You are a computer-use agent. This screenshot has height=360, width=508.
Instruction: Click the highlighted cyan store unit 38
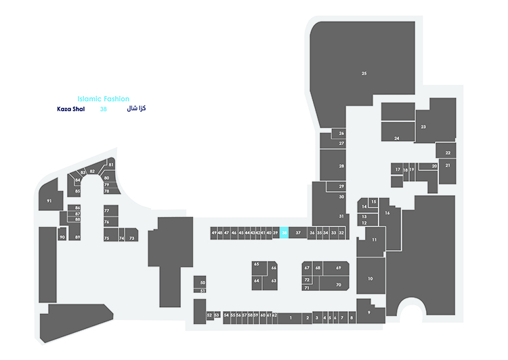click(284, 233)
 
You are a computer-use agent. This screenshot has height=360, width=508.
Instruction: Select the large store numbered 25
click(364, 73)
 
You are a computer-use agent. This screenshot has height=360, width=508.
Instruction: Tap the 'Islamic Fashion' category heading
click(103, 99)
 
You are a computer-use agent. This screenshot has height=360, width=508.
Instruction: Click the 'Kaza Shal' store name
click(70, 109)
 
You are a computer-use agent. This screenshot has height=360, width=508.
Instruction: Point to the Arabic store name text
click(137, 109)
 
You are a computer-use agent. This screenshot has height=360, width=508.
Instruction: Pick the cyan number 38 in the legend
click(103, 109)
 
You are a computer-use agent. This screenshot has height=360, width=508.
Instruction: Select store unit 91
click(49, 201)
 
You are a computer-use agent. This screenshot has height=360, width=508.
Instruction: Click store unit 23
click(423, 127)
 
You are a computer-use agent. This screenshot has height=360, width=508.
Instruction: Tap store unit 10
click(370, 279)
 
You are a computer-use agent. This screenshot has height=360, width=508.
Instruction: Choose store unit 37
click(298, 233)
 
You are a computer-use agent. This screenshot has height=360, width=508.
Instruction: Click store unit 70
click(337, 285)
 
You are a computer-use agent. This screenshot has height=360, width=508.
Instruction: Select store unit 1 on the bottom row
click(290, 317)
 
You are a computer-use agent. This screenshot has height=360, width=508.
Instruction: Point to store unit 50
click(202, 282)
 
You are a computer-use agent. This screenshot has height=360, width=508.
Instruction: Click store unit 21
click(447, 165)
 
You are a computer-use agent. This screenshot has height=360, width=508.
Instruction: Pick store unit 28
click(342, 165)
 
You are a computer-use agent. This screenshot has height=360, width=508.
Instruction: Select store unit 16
click(387, 213)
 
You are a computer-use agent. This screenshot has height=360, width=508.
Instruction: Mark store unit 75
click(106, 238)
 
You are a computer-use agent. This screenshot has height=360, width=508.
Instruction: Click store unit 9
click(369, 312)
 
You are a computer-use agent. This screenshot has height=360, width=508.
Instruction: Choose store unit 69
click(337, 268)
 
